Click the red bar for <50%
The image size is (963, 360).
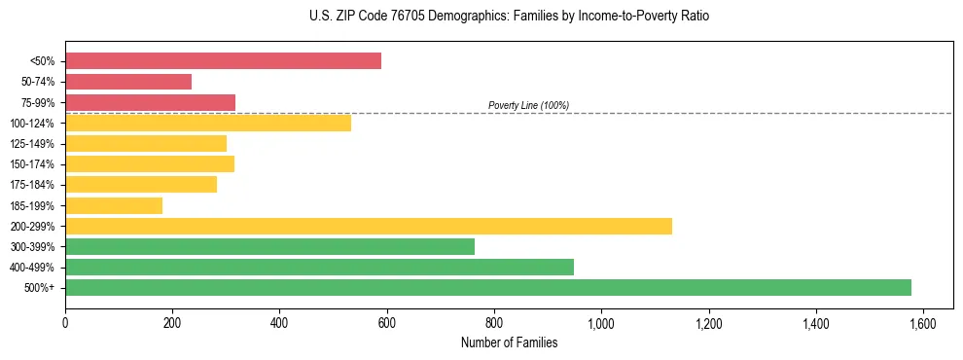pyautogui.click(x=223, y=61)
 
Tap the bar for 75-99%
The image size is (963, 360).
pyautogui.click(x=150, y=102)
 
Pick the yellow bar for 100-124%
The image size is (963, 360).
pyautogui.click(x=208, y=123)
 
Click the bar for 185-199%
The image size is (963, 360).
pyautogui.click(x=114, y=205)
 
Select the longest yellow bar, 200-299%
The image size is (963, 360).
pyautogui.click(x=369, y=226)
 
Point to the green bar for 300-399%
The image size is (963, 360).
pyautogui.click(x=269, y=246)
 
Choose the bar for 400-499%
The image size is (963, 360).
pyautogui.click(x=319, y=267)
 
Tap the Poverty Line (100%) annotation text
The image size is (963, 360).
pyautogui.click(x=528, y=105)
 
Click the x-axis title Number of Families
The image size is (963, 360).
pyautogui.click(x=509, y=342)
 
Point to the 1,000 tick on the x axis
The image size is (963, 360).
pyautogui.click(x=601, y=322)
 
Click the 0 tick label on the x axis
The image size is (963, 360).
pyautogui.click(x=65, y=322)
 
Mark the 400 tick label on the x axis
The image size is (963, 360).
pyautogui.click(x=279, y=322)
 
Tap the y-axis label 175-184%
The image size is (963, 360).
pyautogui.click(x=37, y=185)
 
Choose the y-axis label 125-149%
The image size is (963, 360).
pyautogui.click(x=37, y=144)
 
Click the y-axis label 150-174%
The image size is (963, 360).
pyautogui.click(x=37, y=164)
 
